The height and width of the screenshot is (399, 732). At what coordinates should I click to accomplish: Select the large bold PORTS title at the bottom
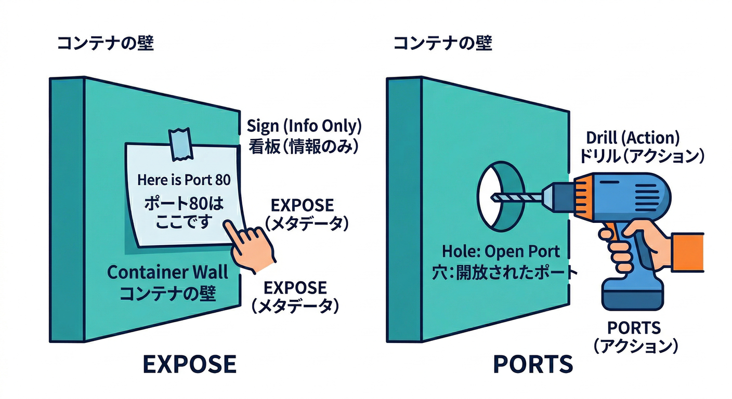533,364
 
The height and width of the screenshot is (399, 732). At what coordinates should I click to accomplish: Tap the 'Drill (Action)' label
633,138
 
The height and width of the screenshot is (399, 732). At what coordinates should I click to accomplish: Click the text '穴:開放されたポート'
501,272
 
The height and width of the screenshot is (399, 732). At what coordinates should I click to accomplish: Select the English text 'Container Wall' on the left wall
167,272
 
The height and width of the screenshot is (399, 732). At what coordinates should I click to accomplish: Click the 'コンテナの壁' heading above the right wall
442,44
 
